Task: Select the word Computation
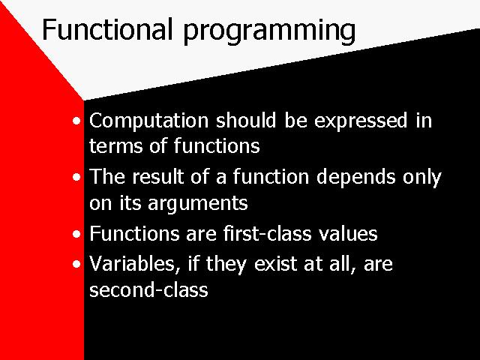click(x=148, y=121)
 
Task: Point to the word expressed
click(x=361, y=121)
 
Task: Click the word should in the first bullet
click(x=246, y=120)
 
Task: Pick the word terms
click(x=115, y=145)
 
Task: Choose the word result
click(x=158, y=177)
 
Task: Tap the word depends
click(x=355, y=178)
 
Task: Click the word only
click(x=421, y=178)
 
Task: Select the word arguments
click(x=198, y=204)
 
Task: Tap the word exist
click(x=275, y=263)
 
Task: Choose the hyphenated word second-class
click(x=148, y=289)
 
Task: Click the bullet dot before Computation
click(x=76, y=121)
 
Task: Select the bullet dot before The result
click(x=76, y=177)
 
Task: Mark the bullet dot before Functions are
click(x=76, y=234)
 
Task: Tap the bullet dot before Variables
click(x=76, y=263)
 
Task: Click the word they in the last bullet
click(x=226, y=265)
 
